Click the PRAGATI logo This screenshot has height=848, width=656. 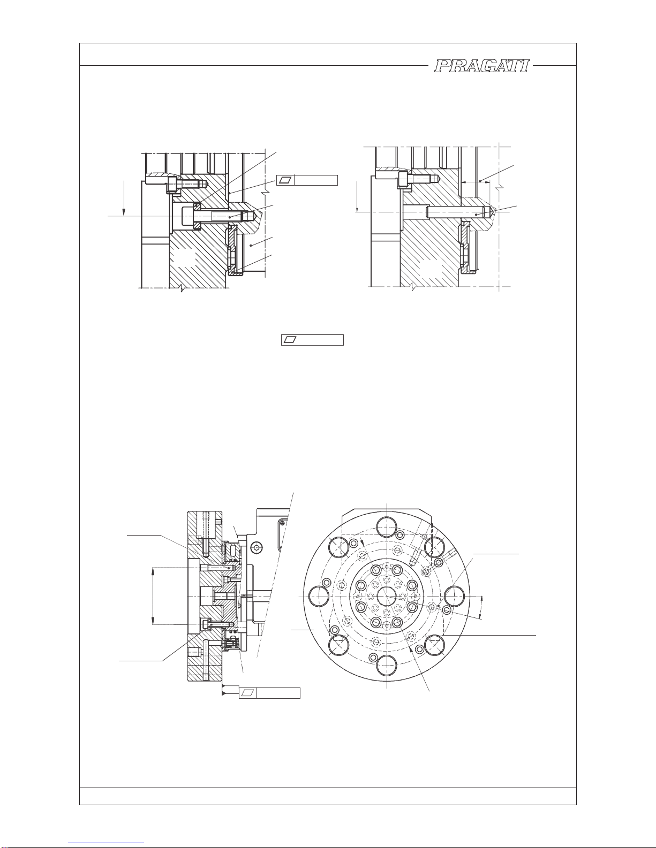(x=482, y=66)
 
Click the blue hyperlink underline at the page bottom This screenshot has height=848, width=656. (x=106, y=843)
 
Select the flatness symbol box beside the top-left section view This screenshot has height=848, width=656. (x=307, y=180)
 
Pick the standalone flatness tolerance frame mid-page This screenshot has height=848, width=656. (x=312, y=340)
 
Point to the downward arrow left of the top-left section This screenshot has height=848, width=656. (x=124, y=198)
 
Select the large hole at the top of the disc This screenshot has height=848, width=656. (x=387, y=527)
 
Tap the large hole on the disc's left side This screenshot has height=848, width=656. (x=319, y=596)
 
